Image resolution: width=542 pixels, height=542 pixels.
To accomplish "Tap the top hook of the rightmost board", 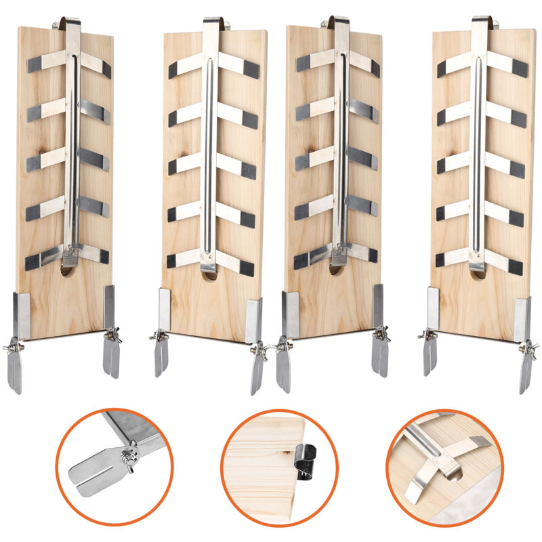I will tap(481, 22).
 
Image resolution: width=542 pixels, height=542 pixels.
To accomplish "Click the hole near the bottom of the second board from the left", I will tap(210, 274).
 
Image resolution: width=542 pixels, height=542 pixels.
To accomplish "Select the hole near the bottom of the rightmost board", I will tap(478, 274).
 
